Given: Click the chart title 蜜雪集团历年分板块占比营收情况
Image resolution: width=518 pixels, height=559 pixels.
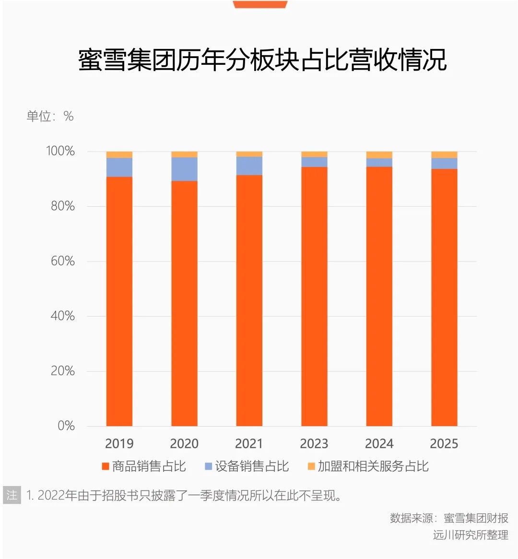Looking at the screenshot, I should point(262,60).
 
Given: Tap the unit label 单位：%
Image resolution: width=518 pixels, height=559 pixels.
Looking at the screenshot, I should point(50,116).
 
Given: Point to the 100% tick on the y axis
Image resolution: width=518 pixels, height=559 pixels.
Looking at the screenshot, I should point(60,151).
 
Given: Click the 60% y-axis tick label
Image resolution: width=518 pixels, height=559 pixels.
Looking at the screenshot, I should point(62,261).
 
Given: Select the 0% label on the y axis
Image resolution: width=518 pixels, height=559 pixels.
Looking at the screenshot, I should point(66,426).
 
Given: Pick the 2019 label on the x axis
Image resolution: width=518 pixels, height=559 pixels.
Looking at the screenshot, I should point(119,443).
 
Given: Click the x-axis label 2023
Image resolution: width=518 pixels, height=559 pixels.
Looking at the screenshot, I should point(314,443).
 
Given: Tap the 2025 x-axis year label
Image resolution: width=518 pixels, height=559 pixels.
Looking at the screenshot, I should point(444,443).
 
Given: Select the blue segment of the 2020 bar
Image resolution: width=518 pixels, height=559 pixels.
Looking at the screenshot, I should point(184,169).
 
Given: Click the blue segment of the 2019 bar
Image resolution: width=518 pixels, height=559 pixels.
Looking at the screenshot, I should point(119,167).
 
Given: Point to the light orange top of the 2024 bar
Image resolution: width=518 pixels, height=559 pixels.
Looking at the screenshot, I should point(379,155).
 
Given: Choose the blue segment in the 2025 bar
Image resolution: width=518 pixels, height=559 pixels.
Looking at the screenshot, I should point(444,163).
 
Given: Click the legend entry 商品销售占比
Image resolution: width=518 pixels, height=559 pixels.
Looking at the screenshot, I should point(144,466).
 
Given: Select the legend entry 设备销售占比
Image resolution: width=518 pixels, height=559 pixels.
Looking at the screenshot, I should point(247,466).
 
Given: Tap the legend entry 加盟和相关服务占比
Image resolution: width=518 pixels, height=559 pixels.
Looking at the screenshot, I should point(368,466).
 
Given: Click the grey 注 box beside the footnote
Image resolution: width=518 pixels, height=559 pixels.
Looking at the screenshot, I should point(12,495).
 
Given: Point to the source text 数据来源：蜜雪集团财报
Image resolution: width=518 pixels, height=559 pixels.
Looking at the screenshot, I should point(449,518).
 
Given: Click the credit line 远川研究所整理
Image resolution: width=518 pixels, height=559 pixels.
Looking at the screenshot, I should point(471,535).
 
